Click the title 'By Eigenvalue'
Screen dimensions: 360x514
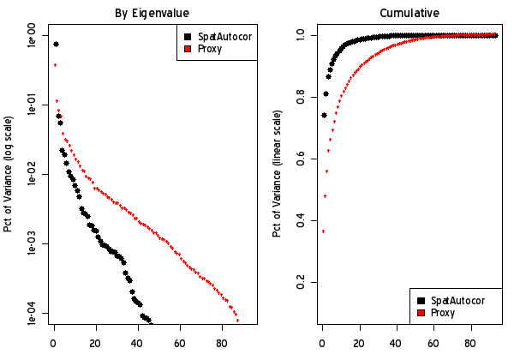coord(152,13)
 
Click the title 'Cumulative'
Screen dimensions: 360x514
coord(409,13)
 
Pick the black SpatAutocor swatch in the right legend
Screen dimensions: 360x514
coord(421,300)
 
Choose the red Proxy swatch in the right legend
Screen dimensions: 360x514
coord(421,313)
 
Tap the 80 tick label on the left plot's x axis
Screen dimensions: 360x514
coord(221,341)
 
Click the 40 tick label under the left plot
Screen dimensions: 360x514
coord(138,341)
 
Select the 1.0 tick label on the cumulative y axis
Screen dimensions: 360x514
coord(301,35)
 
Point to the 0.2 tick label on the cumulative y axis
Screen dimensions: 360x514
coord(301,282)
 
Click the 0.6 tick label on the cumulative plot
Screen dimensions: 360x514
coord(301,159)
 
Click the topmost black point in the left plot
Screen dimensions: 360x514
coord(56,44)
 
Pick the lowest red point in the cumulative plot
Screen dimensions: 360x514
coord(323,231)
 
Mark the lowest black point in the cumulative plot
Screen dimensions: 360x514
coord(324,115)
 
